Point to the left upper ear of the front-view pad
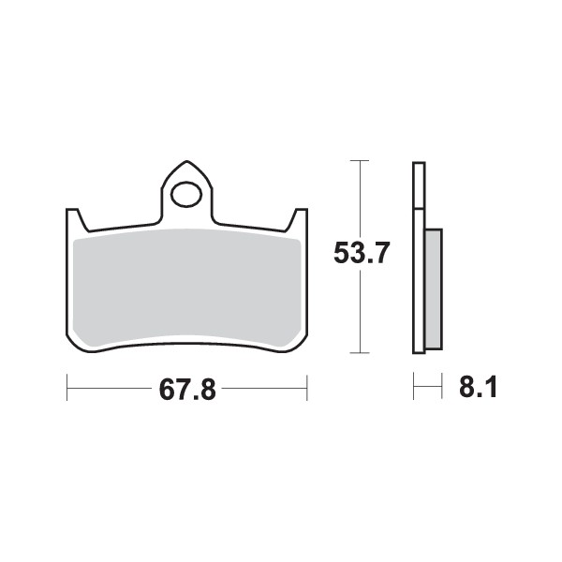click(x=74, y=220)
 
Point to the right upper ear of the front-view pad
click(x=300, y=220)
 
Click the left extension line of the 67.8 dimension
click(x=67, y=385)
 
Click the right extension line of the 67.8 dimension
click(x=307, y=385)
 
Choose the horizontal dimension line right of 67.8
click(x=267, y=385)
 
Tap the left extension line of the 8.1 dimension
click(x=414, y=385)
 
